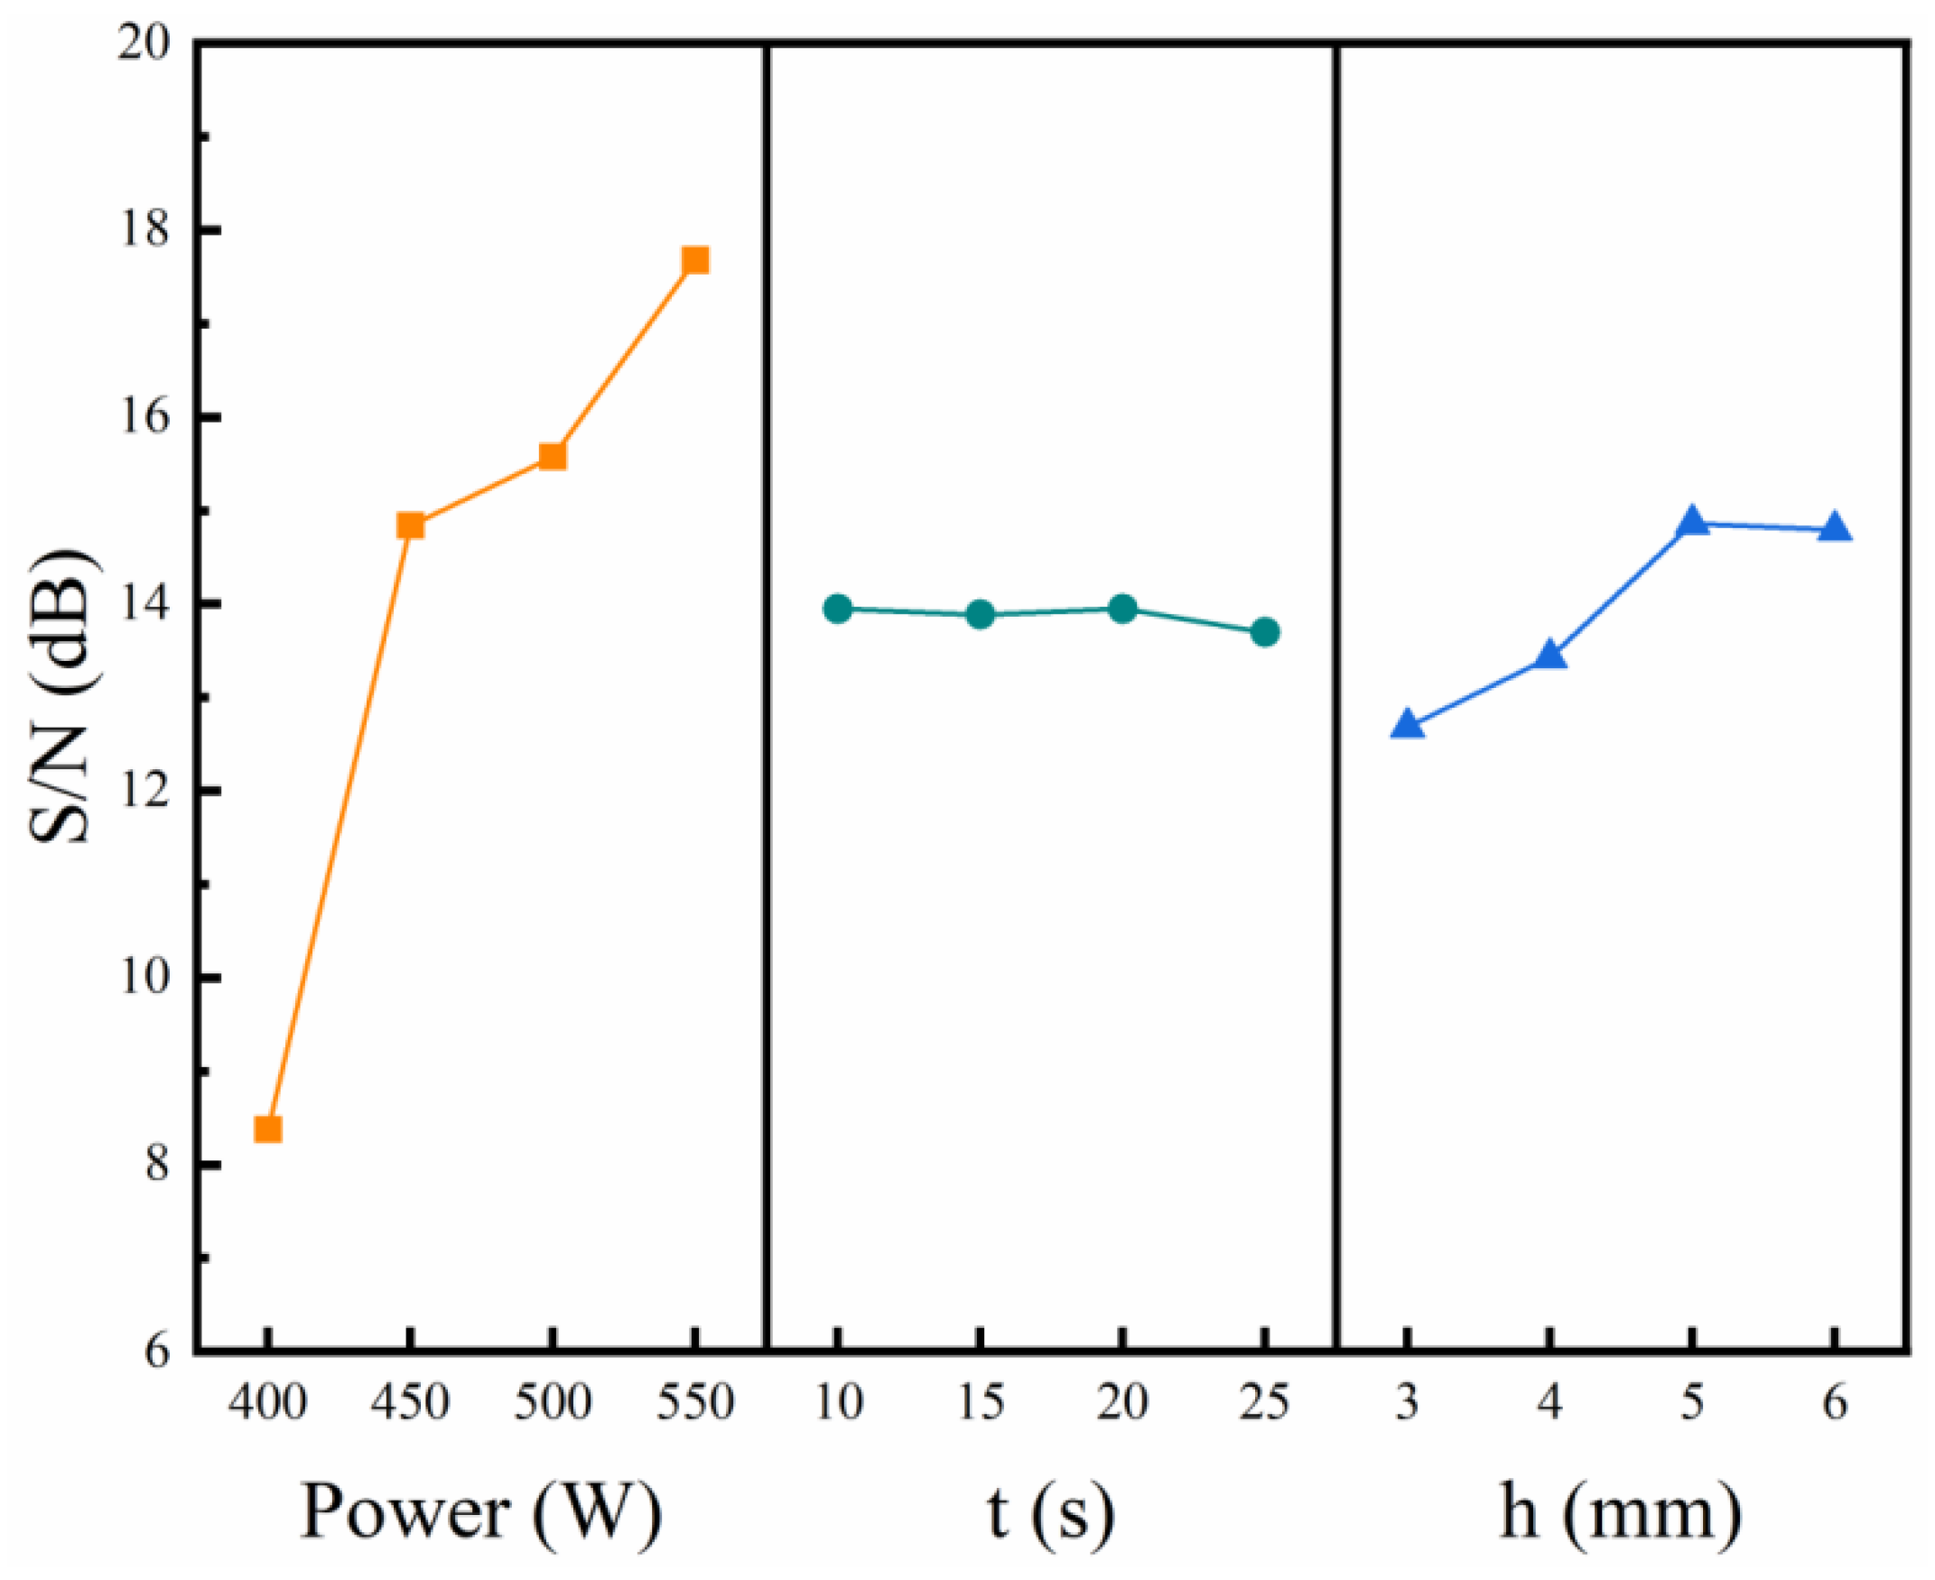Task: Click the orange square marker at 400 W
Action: [267, 1129]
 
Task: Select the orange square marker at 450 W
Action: [411, 526]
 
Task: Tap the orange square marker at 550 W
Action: [695, 261]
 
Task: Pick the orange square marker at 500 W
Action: [553, 456]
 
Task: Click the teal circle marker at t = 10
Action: [837, 609]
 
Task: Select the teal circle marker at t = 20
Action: [1123, 608]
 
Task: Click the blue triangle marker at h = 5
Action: [1692, 522]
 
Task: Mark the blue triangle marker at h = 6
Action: [1835, 528]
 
